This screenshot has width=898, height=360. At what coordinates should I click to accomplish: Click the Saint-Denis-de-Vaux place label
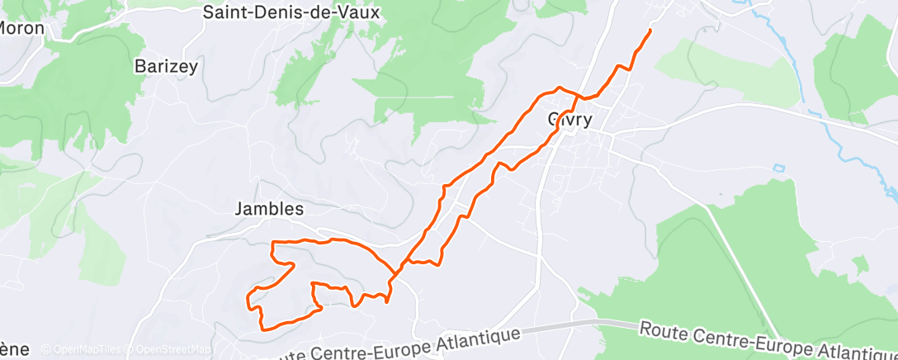tap(292, 12)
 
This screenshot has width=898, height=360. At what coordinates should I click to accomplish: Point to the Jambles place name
tap(270, 210)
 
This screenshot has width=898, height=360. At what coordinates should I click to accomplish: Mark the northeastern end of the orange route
tap(650, 31)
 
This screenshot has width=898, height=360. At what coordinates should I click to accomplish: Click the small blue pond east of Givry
tap(778, 168)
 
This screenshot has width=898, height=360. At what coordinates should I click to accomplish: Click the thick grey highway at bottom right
tap(611, 325)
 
